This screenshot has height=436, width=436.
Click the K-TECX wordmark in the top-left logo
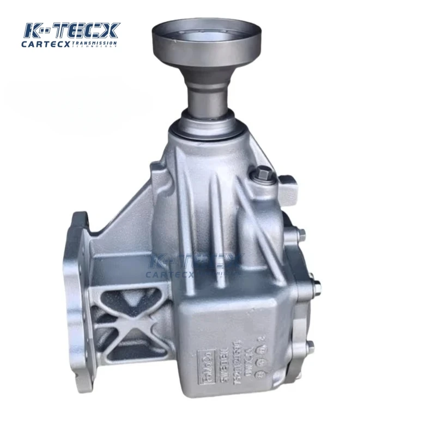point(70,31)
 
